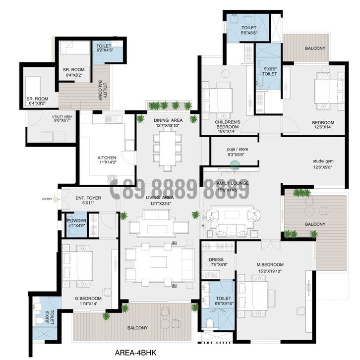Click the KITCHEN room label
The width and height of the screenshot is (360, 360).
(107, 158)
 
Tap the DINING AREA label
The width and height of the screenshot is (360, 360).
(168, 120)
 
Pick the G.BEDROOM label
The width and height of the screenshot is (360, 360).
(88, 299)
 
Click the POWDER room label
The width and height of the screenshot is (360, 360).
(77, 221)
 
